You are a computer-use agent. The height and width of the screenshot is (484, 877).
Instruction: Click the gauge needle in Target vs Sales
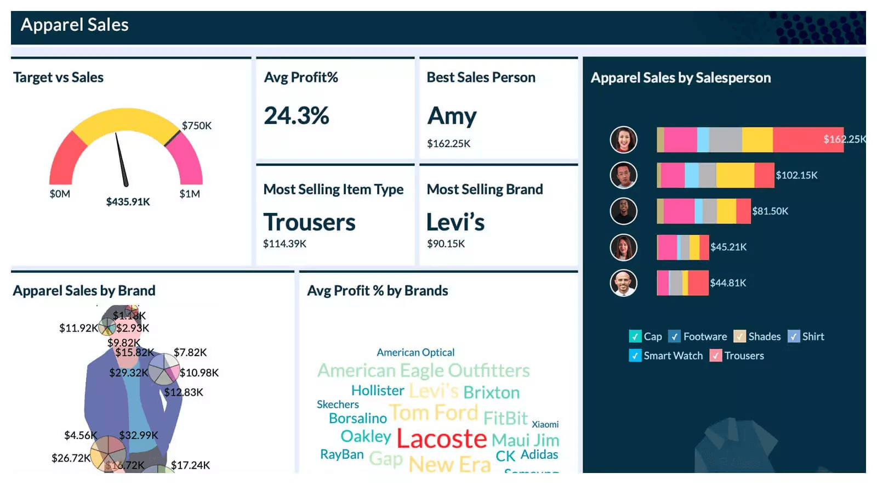coord(121,159)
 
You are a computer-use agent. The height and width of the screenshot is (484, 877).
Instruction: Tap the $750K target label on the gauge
coord(197,126)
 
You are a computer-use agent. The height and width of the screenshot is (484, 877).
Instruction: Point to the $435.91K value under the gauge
coord(128,202)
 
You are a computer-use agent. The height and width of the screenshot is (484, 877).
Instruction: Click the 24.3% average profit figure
coord(297,116)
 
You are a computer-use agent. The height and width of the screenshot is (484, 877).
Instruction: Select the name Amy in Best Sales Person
coord(452,116)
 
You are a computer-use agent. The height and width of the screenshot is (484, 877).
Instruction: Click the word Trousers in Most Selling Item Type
coord(309,222)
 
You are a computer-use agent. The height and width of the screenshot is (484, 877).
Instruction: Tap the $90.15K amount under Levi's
coord(446,244)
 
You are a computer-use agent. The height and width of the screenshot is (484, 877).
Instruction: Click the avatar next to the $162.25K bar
coord(623,139)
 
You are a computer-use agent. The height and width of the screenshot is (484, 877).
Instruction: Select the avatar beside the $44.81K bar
coord(623,283)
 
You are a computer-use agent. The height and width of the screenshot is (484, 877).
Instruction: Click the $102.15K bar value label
coord(796,176)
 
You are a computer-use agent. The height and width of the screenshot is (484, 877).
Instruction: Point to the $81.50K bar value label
coord(770,211)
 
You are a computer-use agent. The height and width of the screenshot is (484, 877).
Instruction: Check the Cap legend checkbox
coord(635,336)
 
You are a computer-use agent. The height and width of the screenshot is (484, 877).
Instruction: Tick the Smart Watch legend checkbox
coord(635,356)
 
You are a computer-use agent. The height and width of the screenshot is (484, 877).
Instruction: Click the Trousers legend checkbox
coord(715,356)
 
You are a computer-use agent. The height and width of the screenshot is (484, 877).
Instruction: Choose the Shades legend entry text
coord(764,336)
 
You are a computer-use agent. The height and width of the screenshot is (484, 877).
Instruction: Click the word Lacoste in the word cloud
coord(441,438)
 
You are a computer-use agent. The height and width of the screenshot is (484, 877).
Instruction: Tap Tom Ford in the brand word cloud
coord(434,413)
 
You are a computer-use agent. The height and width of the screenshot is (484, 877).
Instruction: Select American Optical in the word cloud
coord(415,352)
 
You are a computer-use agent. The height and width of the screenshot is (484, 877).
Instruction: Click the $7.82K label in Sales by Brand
coord(190,352)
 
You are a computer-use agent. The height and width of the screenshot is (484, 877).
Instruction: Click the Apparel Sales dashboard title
coord(75,25)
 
